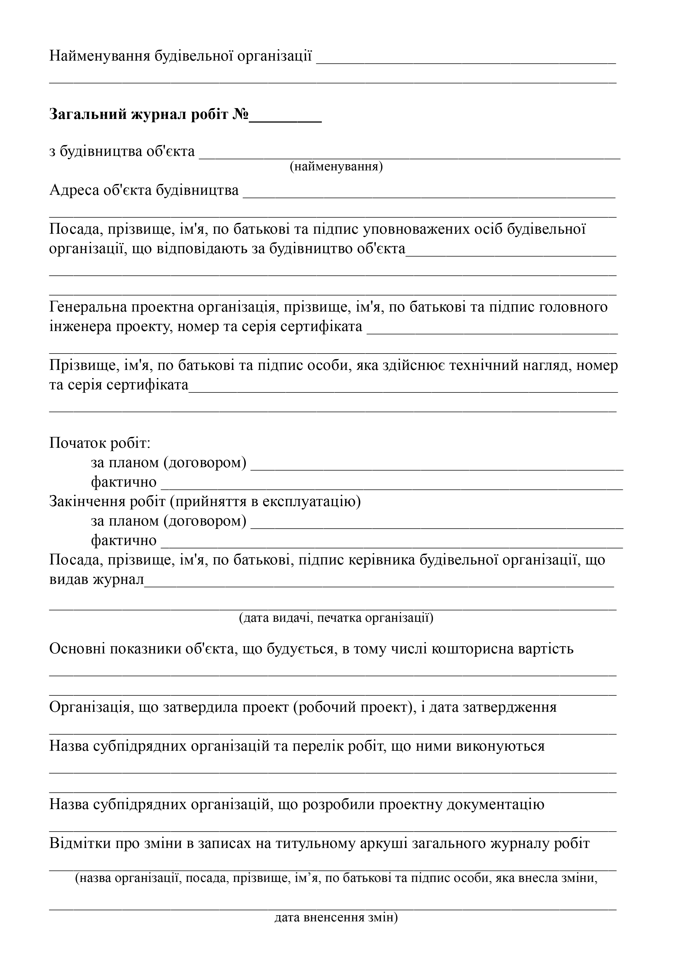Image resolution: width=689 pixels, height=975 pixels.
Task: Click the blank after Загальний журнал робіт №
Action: click(x=285, y=117)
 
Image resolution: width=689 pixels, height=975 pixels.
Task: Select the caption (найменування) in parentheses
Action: click(x=336, y=166)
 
